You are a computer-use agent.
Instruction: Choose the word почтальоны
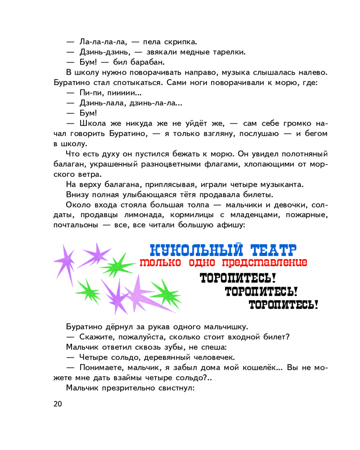click(77, 225)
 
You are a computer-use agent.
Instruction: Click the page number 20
click(58, 404)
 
